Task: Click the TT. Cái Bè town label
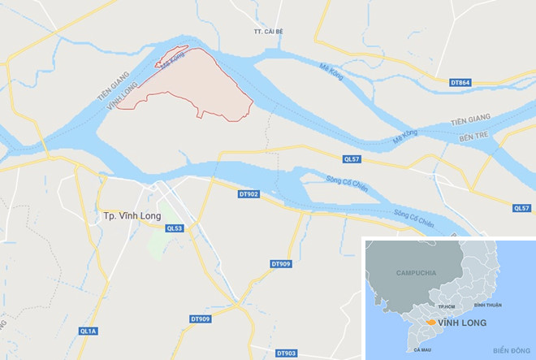pyautogui.click(x=268, y=32)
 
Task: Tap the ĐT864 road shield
pyautogui.click(x=460, y=81)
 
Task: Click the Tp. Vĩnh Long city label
pyautogui.click(x=132, y=215)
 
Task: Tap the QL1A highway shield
pyautogui.click(x=88, y=331)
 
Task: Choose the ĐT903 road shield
pyautogui.click(x=286, y=353)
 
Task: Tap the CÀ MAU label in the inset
pyautogui.click(x=422, y=349)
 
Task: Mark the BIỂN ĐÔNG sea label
pyautogui.click(x=509, y=349)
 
